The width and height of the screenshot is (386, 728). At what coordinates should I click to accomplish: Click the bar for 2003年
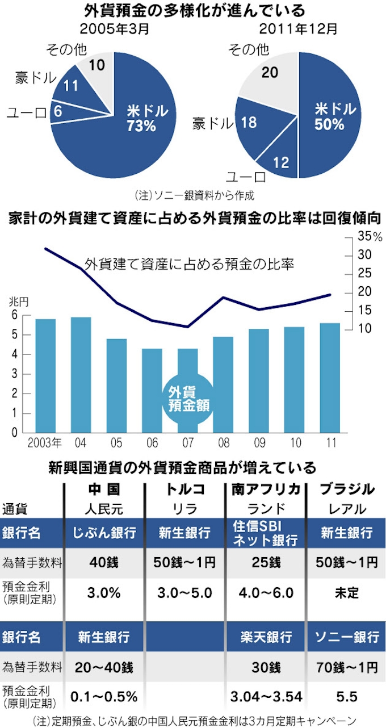pos(45,375)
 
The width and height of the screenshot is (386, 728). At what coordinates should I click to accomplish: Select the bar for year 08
pos(223,384)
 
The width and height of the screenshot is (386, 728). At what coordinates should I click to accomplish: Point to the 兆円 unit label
pos(18,301)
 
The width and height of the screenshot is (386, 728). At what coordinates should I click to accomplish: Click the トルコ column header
pos(185,489)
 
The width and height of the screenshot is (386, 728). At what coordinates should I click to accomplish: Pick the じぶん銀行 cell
pos(104,533)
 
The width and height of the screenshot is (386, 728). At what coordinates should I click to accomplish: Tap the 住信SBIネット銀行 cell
pos(265,533)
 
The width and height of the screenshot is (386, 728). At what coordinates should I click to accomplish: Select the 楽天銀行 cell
pos(265,637)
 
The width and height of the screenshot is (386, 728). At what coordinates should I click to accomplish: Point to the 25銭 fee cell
pos(265,563)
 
